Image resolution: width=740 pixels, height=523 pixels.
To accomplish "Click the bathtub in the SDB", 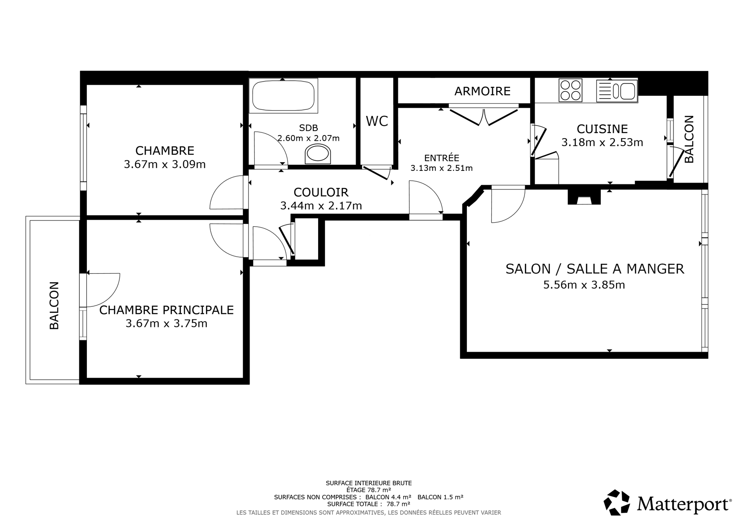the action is pyautogui.click(x=283, y=95).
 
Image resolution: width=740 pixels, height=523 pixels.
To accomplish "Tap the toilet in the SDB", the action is pyautogui.click(x=318, y=154).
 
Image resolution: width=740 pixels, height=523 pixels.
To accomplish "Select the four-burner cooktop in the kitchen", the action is pyautogui.click(x=570, y=90).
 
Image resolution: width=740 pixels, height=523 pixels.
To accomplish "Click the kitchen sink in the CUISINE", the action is pyautogui.click(x=617, y=91).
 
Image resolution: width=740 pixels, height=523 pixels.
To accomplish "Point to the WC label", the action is pyautogui.click(x=377, y=122).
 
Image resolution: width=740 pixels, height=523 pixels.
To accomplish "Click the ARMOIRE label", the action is pyautogui.click(x=482, y=91).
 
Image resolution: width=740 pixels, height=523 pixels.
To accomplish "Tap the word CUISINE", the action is pyautogui.click(x=602, y=129).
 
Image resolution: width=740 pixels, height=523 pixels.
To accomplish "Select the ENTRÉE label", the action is pyautogui.click(x=442, y=158).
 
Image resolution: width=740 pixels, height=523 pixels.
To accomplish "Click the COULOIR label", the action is pyautogui.click(x=321, y=192).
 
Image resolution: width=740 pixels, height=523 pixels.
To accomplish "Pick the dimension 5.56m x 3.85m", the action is pyautogui.click(x=584, y=285).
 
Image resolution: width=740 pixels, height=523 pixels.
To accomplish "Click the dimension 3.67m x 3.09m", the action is pyautogui.click(x=164, y=164).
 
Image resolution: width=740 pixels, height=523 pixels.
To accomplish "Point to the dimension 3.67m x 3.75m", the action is pyautogui.click(x=166, y=323).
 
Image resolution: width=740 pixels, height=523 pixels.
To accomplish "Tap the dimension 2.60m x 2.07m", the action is pyautogui.click(x=308, y=138).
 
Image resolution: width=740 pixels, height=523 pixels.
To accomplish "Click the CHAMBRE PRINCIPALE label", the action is pyautogui.click(x=167, y=310).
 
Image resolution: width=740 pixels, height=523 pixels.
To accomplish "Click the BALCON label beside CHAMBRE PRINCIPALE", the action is pyautogui.click(x=54, y=305).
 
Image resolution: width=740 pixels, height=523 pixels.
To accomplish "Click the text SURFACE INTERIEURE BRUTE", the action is pyautogui.click(x=369, y=483).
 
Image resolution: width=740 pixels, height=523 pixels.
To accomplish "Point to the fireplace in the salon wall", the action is pyautogui.click(x=584, y=197).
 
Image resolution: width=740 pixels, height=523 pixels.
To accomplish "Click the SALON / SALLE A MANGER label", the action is pyautogui.click(x=595, y=269).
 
